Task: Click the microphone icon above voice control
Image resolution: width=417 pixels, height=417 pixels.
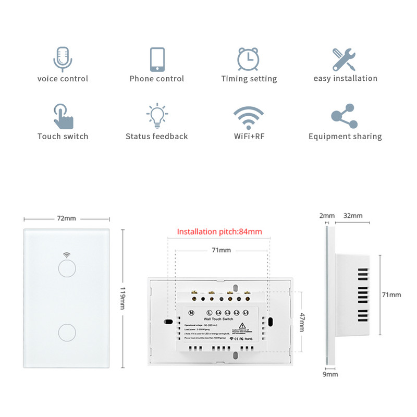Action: point(63,58)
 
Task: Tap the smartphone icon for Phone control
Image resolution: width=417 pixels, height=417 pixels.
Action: point(157,59)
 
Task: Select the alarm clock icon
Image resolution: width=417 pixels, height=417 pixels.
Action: point(248,59)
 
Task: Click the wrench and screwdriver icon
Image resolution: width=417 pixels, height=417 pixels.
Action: point(345,59)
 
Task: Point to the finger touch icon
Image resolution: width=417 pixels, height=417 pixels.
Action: point(63,116)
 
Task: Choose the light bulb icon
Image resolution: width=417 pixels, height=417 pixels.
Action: point(157,116)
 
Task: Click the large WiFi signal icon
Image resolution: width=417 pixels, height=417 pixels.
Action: point(249,117)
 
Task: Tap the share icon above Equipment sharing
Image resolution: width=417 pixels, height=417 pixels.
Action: point(345,116)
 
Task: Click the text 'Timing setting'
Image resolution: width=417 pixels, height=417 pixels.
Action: point(249,79)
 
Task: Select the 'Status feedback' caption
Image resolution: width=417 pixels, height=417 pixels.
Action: point(156,137)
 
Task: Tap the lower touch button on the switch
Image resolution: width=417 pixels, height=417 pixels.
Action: point(66,332)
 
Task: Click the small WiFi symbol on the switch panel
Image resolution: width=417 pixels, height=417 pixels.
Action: point(66,255)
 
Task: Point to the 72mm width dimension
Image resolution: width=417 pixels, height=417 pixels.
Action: point(66,219)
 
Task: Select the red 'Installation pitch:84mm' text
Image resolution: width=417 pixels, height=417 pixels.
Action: point(219,232)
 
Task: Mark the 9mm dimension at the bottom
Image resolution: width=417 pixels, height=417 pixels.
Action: point(329,374)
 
